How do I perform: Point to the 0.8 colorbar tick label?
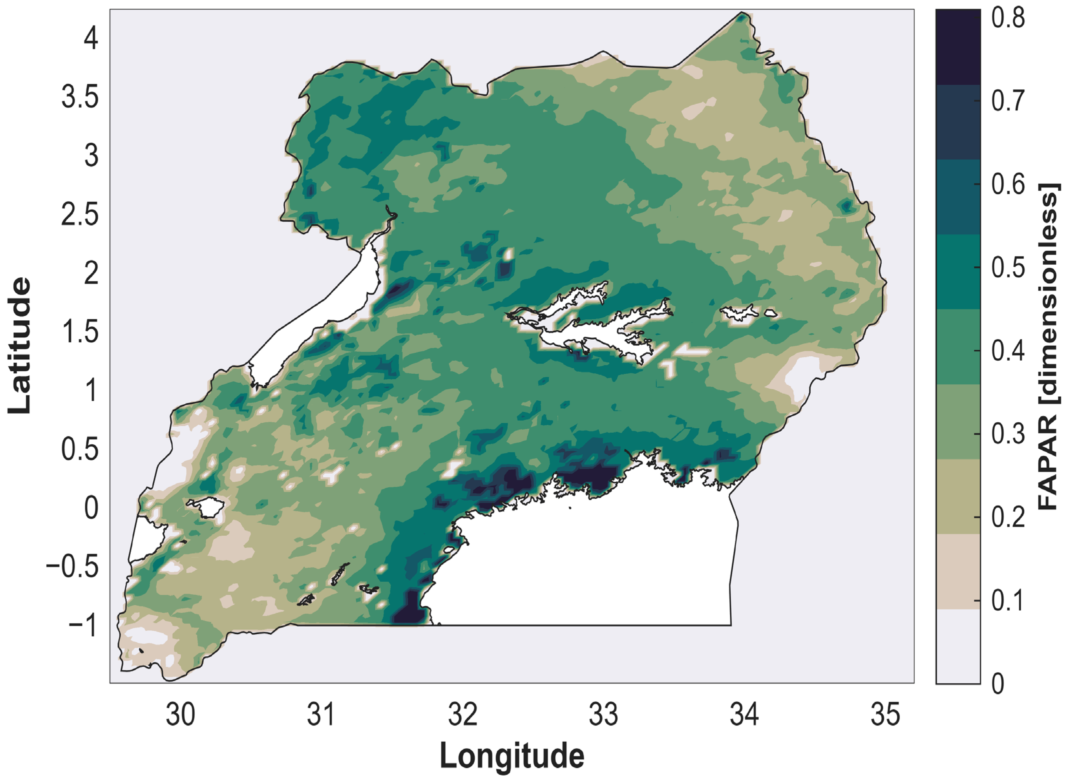click(1008, 19)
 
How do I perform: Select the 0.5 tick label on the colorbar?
click(1008, 268)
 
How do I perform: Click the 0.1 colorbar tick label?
click(1008, 601)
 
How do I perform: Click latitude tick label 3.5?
click(80, 97)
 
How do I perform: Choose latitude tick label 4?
click(91, 38)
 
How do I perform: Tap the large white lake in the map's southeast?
click(591, 567)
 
